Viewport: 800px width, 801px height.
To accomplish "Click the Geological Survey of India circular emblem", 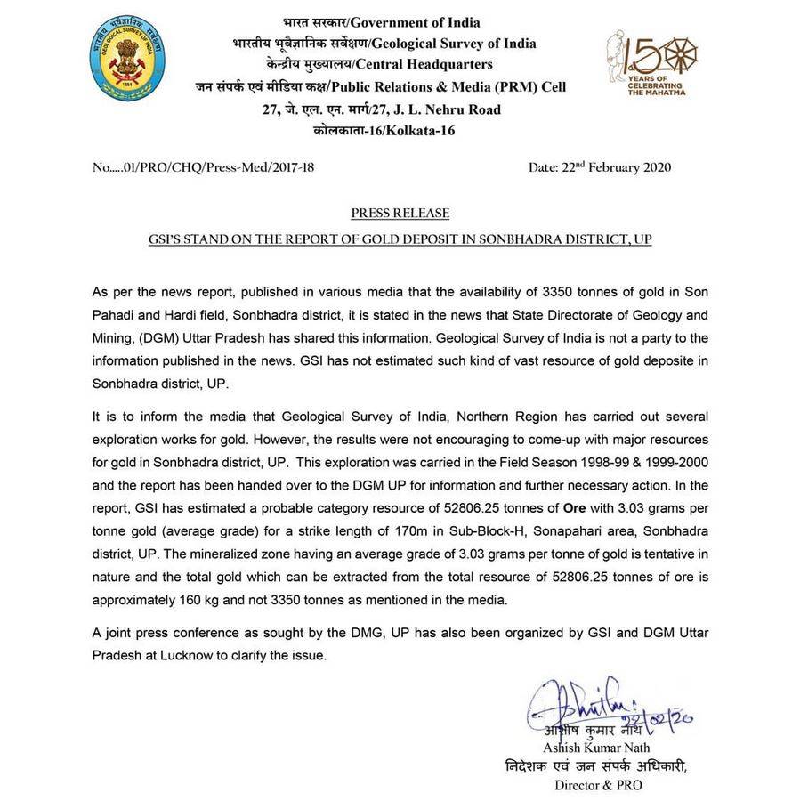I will [127, 58].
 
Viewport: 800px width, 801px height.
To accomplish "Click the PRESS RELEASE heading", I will [400, 214].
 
